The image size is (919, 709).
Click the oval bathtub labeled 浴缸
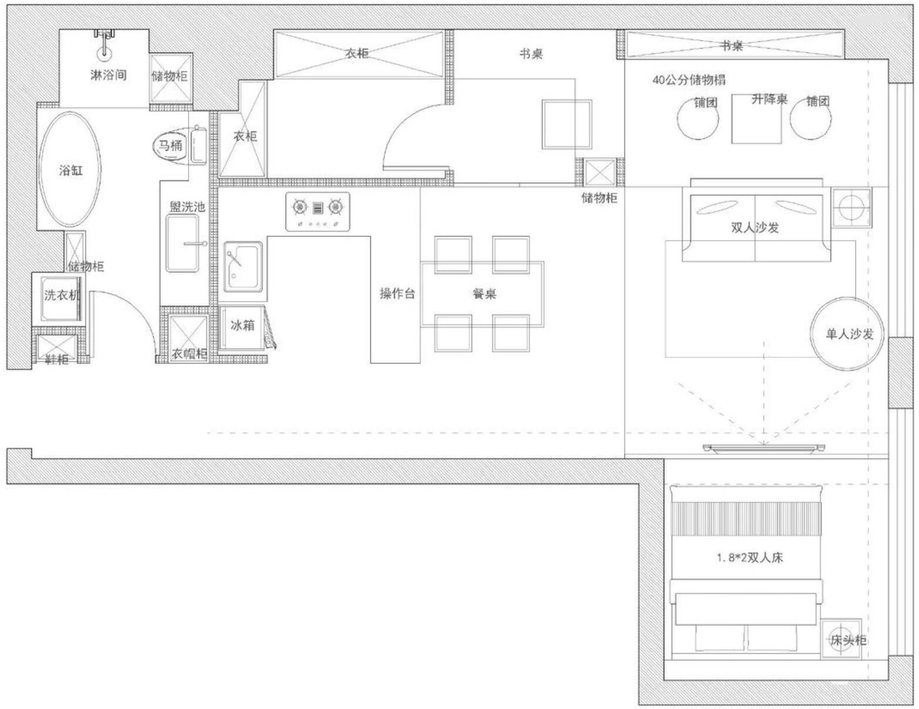click(70, 170)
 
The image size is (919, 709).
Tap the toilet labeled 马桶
click(170, 146)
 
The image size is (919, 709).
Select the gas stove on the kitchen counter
click(317, 211)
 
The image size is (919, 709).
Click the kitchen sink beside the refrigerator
click(243, 266)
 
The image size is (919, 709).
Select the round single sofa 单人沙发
click(848, 333)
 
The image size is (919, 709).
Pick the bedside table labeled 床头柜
click(841, 639)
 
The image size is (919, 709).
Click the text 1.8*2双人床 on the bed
click(749, 558)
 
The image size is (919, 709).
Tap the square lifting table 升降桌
click(757, 119)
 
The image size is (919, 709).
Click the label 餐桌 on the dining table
click(484, 294)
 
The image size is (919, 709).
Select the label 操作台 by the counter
click(397, 294)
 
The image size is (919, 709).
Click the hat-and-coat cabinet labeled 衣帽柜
click(189, 339)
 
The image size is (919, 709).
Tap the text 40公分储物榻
click(689, 80)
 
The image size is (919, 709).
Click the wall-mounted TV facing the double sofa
click(764, 449)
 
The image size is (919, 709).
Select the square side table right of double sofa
click(852, 207)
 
